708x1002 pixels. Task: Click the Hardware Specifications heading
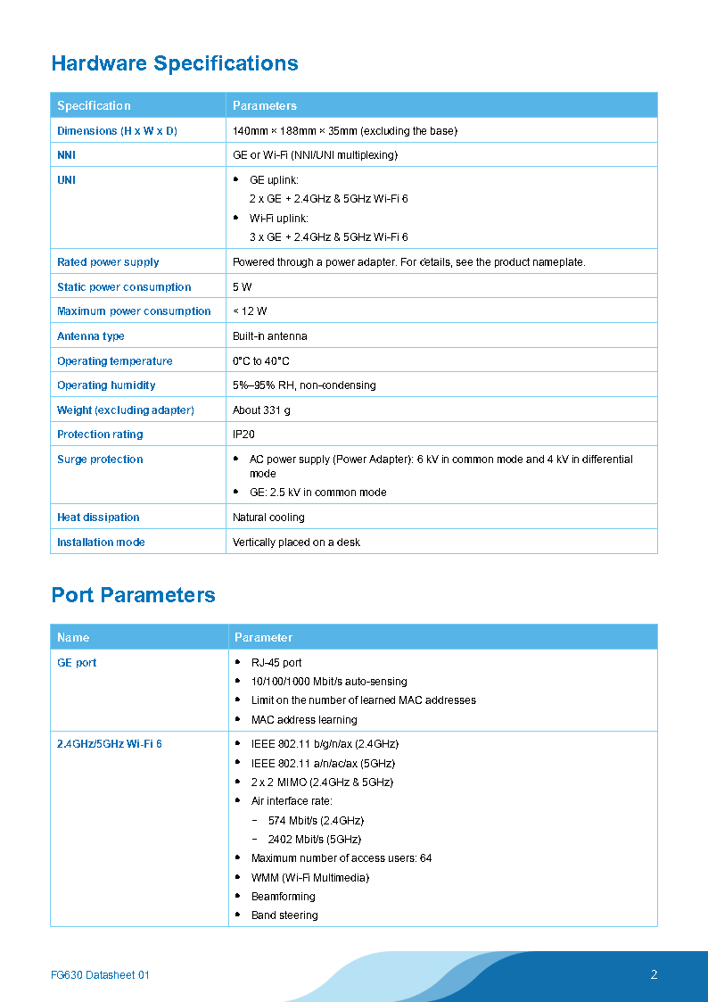pos(175,63)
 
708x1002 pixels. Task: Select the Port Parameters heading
pos(134,595)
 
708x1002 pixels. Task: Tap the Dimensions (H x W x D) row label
pos(117,131)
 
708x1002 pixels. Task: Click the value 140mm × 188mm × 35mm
pos(344,131)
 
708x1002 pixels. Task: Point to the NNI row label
pos(67,155)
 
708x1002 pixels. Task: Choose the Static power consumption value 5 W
pos(243,287)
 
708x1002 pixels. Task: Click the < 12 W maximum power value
pos(250,311)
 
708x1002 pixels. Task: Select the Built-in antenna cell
pos(270,336)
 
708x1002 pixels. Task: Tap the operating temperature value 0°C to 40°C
pos(261,361)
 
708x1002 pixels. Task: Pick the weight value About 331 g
pos(261,410)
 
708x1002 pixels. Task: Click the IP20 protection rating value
pos(244,435)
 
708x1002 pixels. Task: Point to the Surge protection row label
pos(100,460)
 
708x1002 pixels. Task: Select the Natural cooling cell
pos(268,518)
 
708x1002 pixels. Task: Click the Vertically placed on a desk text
pos(296,542)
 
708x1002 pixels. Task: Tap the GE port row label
pos(77,663)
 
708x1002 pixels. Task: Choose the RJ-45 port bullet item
pos(276,663)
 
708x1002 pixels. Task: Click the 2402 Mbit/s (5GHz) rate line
pos(314,840)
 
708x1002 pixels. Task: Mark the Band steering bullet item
pos(284,915)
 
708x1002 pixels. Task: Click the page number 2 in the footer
pos(654,974)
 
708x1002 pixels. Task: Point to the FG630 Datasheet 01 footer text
pos(100,975)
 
